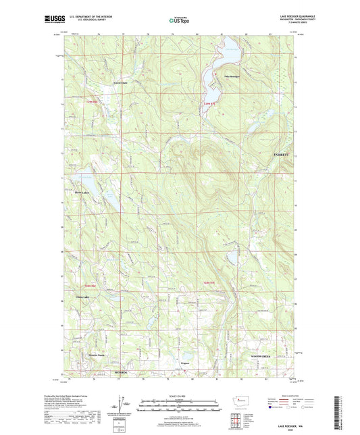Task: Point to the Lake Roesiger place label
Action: pyautogui.click(x=231, y=77)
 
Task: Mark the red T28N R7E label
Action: pyautogui.click(x=211, y=282)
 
